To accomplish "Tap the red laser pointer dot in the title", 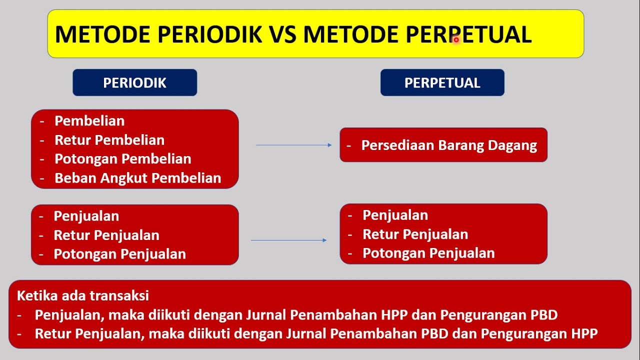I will (456, 39).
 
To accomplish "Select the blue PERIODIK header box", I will (134, 82).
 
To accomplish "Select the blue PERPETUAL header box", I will (442, 82).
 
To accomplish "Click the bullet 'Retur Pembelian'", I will (109, 140).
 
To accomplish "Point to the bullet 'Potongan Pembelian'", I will (122, 159).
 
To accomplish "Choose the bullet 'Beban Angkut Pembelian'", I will (137, 178).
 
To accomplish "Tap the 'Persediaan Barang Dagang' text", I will (448, 145).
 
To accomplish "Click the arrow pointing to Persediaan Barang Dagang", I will (293, 145).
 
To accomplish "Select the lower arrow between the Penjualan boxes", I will (288, 240).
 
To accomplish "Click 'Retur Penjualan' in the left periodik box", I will (106, 235).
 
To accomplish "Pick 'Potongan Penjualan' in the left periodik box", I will (119, 254).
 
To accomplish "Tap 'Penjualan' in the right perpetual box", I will (395, 215).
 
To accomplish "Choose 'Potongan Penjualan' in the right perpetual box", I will (428, 253).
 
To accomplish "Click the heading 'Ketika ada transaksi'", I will (83, 295).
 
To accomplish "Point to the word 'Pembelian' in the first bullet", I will (89, 121).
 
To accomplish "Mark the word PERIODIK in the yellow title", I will (208, 34).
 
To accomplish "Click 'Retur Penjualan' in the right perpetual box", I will (415, 234).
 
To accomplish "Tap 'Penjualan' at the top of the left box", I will (86, 216).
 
